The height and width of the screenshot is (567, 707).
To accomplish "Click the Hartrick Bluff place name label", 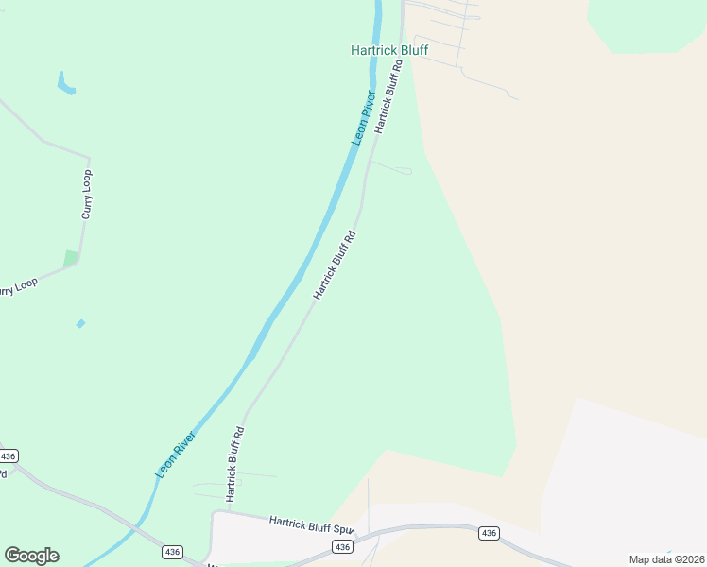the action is (388, 50).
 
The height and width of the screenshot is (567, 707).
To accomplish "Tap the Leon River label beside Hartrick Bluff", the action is (365, 117).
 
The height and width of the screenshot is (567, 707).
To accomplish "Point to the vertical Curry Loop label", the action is (87, 195).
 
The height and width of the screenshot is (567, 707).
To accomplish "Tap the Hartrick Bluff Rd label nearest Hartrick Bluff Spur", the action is (234, 463).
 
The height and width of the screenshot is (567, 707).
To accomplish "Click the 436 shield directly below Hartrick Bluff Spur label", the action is (342, 547).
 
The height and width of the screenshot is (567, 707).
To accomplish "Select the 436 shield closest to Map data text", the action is (488, 534).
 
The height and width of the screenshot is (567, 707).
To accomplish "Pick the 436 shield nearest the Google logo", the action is (171, 552).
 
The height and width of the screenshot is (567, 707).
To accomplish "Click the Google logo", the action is (31, 555).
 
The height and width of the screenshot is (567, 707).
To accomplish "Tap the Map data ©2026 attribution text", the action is (666, 559).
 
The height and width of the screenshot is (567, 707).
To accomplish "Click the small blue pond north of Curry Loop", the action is (65, 84).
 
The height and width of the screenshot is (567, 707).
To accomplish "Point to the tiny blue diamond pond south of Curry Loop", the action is (80, 324).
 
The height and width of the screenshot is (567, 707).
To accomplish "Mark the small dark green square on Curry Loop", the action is (71, 258).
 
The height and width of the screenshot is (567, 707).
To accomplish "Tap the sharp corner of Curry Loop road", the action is (89, 158).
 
